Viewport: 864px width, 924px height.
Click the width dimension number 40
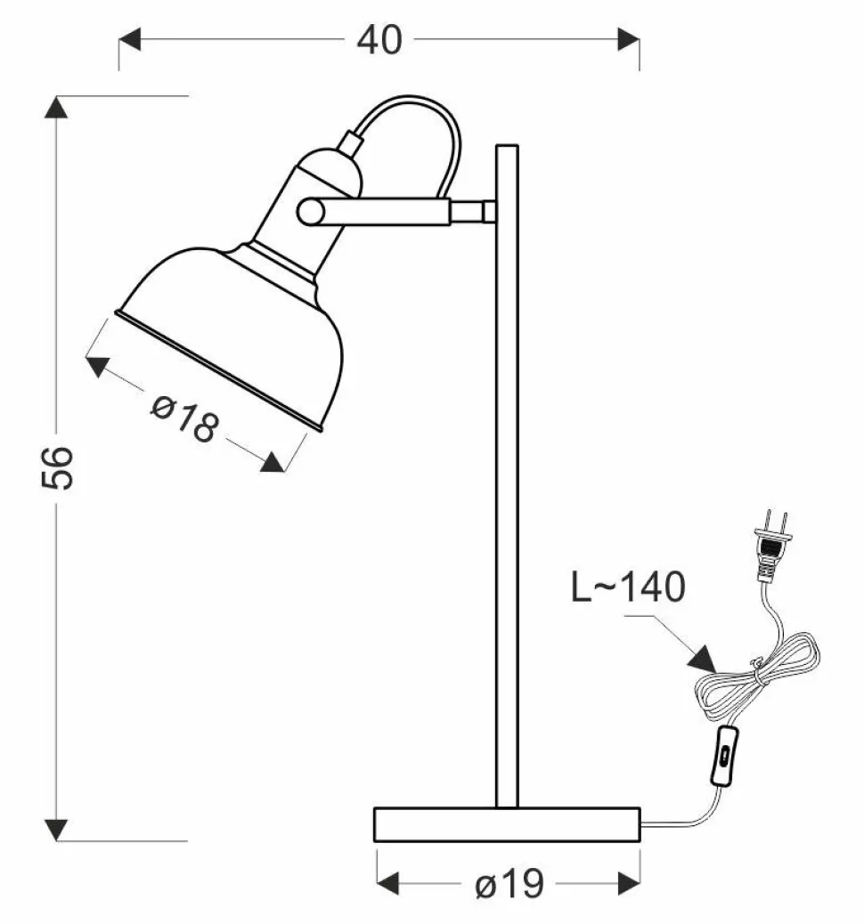point(379,39)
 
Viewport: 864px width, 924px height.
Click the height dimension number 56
point(57,466)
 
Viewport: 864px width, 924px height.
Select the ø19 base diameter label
point(509,885)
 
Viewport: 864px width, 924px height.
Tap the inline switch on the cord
point(725,756)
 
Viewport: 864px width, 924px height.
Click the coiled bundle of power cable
point(757,677)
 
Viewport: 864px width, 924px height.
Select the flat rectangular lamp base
point(507,824)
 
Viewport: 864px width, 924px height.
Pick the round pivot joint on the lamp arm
point(311,211)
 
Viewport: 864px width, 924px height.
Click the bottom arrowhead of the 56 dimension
point(57,829)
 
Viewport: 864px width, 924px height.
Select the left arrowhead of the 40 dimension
point(130,39)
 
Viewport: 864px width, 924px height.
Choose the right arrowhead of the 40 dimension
point(628,39)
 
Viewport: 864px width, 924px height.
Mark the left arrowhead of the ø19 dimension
point(388,884)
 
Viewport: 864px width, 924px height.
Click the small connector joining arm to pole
point(472,212)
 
